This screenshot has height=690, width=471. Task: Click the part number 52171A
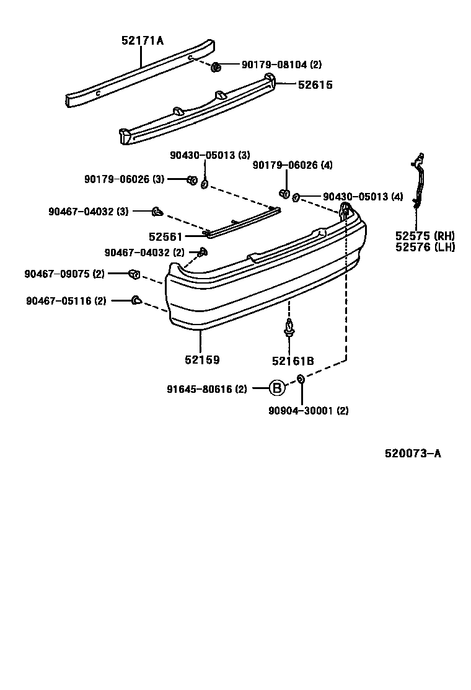(x=143, y=41)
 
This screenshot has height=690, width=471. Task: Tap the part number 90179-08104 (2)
(x=281, y=65)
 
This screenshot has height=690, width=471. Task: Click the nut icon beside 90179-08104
(x=216, y=66)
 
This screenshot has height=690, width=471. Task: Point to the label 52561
(x=165, y=236)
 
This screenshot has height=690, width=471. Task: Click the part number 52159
(x=202, y=359)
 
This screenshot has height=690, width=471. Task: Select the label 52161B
(x=293, y=361)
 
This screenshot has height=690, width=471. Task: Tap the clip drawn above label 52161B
(x=289, y=328)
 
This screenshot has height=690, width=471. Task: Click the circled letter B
(x=277, y=389)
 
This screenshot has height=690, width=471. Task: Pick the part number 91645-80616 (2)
(x=207, y=389)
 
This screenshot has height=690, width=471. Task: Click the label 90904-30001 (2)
(x=309, y=410)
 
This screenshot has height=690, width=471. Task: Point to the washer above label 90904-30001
(x=301, y=379)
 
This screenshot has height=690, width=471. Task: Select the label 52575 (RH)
(x=425, y=236)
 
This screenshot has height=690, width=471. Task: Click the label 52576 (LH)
(x=425, y=247)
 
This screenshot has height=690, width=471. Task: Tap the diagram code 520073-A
(x=413, y=454)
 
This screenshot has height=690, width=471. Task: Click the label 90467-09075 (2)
(x=64, y=274)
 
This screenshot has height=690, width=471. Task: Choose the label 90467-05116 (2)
(x=66, y=301)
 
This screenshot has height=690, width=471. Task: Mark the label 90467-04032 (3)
(x=89, y=212)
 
